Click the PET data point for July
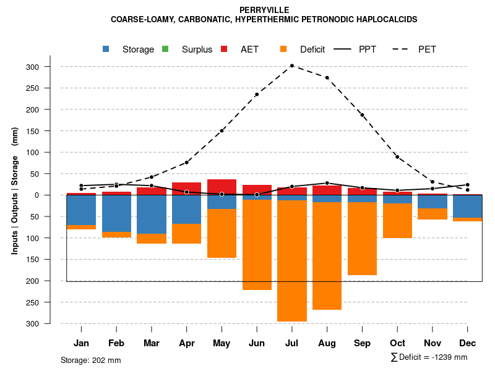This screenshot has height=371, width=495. click(292, 66)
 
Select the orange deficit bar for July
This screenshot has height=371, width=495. click(292, 260)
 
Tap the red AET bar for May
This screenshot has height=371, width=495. click(222, 187)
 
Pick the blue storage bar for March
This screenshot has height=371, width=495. click(152, 215)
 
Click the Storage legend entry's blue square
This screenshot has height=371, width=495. click(107, 49)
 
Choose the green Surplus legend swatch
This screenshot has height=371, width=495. click(165, 49)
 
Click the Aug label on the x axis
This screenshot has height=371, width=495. click(327, 343)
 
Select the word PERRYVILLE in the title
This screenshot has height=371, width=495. click(264, 10)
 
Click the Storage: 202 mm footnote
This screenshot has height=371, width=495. click(90, 360)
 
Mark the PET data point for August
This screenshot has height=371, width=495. click(327, 78)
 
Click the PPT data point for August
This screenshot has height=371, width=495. click(327, 183)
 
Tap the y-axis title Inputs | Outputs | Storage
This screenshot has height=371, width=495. click(15, 190)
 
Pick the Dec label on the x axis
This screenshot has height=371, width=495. click(468, 343)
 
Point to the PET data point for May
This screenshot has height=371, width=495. click(222, 130)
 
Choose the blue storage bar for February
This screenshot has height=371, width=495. click(116, 213)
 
